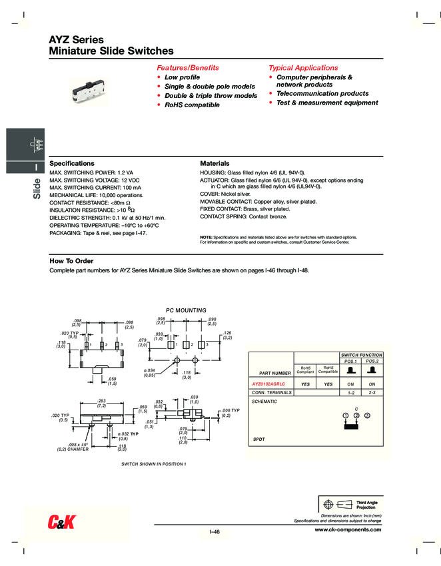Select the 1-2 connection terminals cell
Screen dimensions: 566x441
pos(350,393)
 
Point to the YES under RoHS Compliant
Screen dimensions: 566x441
pos(306,384)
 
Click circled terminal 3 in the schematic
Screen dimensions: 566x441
pos(367,416)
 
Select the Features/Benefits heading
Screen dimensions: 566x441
pos(187,68)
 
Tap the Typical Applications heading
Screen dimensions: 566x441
pos(303,68)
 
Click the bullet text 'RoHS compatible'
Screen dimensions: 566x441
pos(192,105)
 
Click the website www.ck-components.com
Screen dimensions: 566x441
pos(348,530)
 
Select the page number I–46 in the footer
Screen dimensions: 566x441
pos(215,531)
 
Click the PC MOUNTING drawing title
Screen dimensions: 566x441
pos(186,310)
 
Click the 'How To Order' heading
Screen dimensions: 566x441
pos(71,261)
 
